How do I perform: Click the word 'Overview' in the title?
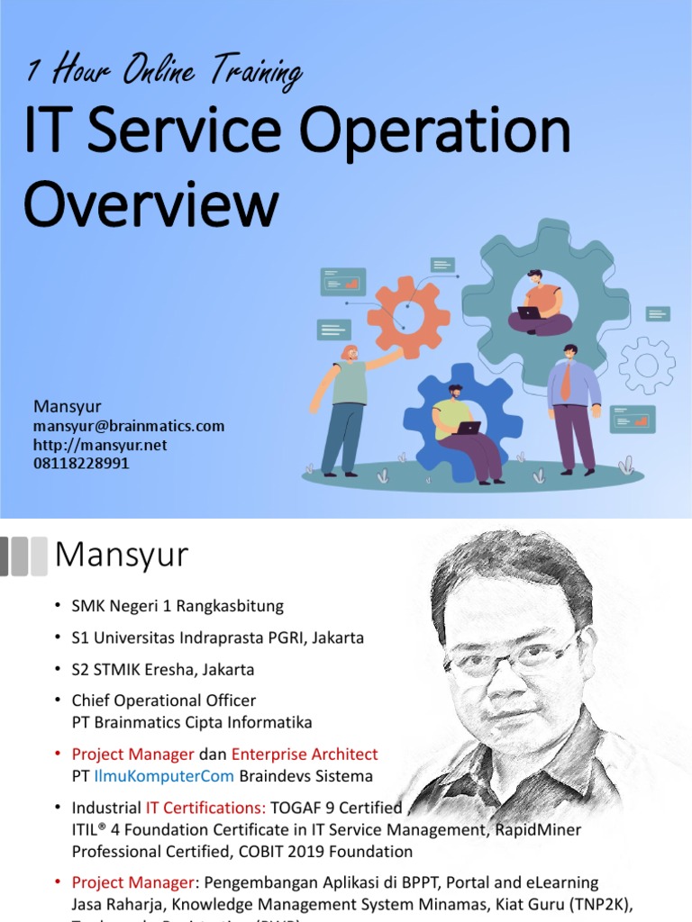point(150,203)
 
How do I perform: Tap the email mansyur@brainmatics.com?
point(129,426)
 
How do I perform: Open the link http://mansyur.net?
point(100,445)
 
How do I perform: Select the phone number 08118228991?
point(81,463)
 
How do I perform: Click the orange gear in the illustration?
point(409,316)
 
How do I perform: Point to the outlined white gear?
point(647,365)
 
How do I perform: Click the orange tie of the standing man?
point(566,382)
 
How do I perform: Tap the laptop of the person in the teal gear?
point(530,313)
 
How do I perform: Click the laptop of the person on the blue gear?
point(469,428)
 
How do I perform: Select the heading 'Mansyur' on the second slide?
point(122,555)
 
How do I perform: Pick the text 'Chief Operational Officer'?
point(164,700)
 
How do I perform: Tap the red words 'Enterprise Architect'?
point(305,754)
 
